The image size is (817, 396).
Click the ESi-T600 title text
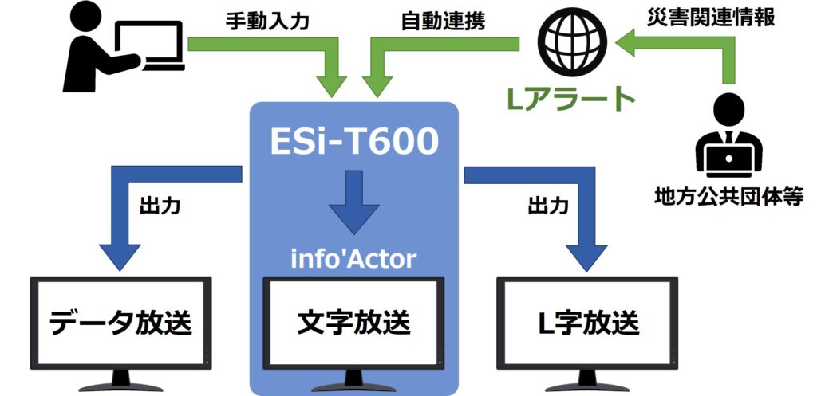point(353,141)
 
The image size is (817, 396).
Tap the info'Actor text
point(354,259)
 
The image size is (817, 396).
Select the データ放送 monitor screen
point(120,323)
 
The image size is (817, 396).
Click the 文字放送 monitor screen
point(353,323)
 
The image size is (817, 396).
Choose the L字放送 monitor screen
point(586,323)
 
